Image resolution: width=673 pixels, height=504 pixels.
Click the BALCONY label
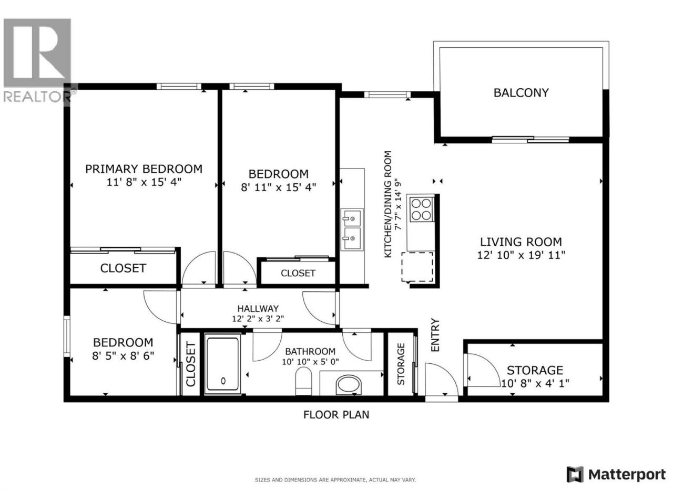(521, 93)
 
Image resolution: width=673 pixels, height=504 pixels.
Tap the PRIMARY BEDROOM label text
(144, 169)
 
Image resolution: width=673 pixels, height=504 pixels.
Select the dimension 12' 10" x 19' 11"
(521, 255)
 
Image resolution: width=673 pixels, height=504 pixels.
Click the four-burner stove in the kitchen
(422, 209)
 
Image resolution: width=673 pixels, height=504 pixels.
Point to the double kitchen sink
(352, 229)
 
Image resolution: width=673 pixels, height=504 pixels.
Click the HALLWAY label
(258, 308)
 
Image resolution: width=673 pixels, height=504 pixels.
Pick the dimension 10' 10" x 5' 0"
(310, 362)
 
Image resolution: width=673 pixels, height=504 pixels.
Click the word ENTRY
(435, 335)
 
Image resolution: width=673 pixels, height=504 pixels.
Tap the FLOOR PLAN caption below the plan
(336, 415)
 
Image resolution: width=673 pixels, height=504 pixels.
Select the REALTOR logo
(37, 60)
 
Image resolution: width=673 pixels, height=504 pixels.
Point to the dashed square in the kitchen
(417, 267)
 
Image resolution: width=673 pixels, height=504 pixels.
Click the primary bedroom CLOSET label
(123, 268)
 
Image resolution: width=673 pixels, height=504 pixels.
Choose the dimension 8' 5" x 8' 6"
(123, 356)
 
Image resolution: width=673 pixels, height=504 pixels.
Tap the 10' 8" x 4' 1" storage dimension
(535, 383)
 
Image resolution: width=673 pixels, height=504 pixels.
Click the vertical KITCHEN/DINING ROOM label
(388, 204)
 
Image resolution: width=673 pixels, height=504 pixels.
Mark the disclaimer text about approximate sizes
(335, 480)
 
